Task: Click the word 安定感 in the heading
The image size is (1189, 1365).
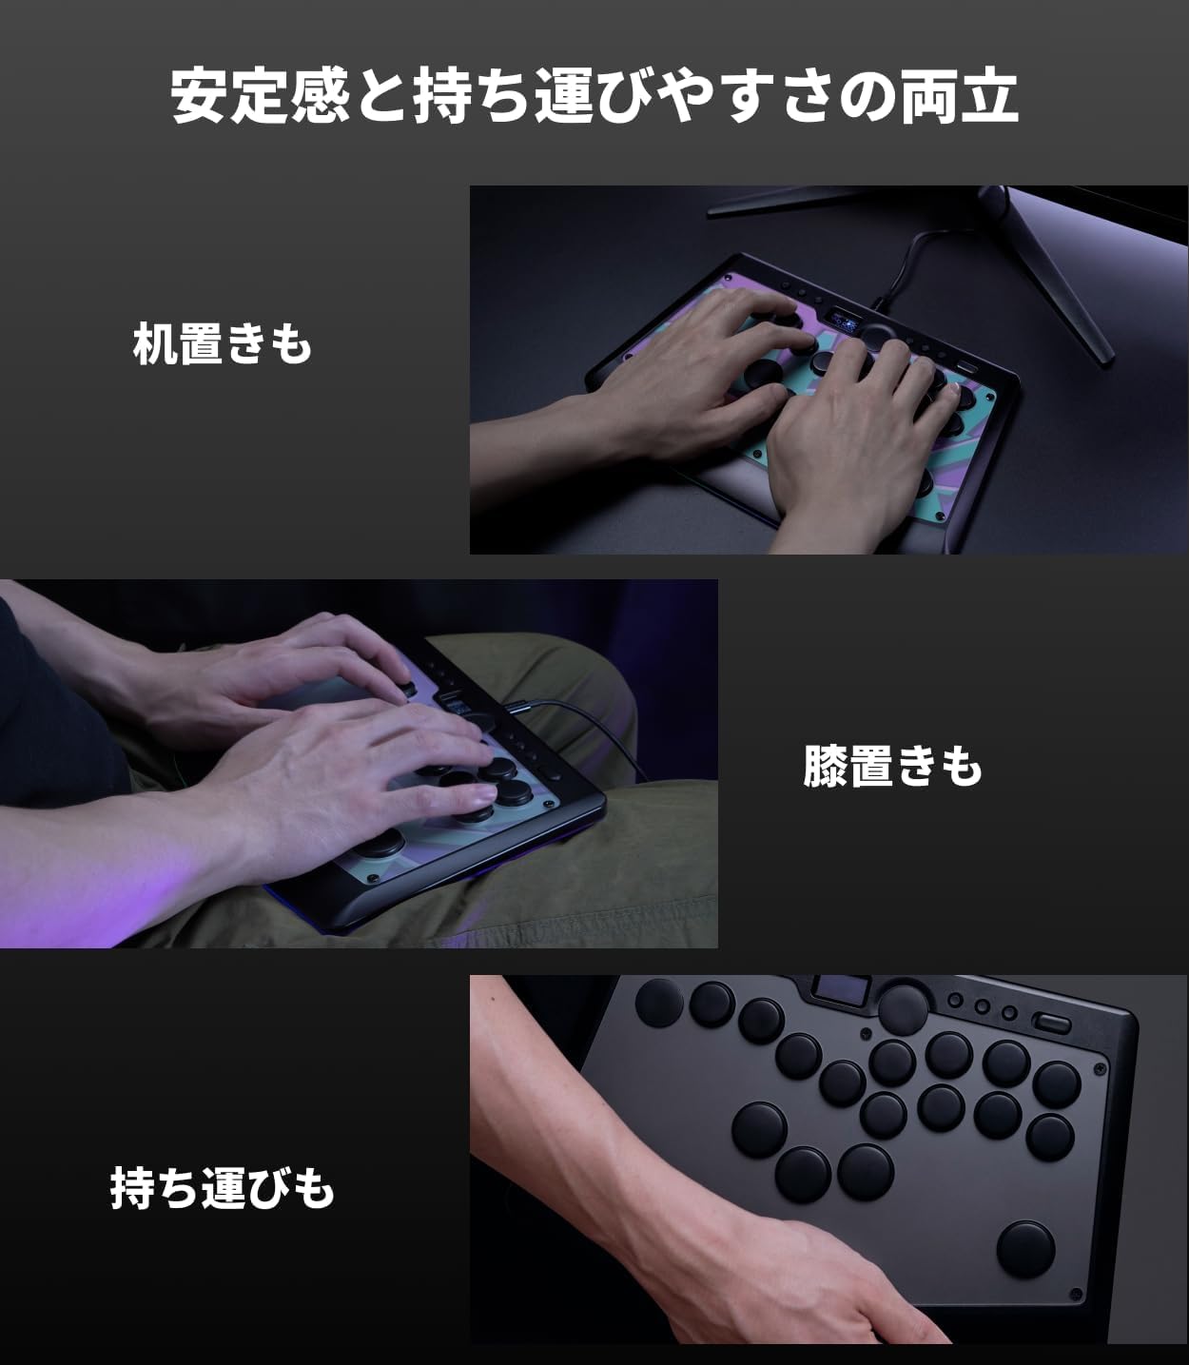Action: pyautogui.click(x=260, y=95)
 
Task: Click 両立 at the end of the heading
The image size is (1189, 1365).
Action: pyautogui.click(x=959, y=95)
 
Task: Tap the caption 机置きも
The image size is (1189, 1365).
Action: pyautogui.click(x=223, y=343)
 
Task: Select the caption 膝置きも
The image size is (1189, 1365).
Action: pyautogui.click(x=892, y=766)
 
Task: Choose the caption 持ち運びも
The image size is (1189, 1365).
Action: pyautogui.click(x=222, y=1188)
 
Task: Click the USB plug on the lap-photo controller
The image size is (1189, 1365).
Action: pyautogui.click(x=517, y=708)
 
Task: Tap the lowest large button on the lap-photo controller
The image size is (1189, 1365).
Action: pyautogui.click(x=379, y=842)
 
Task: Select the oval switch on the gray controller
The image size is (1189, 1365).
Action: pyautogui.click(x=1051, y=1023)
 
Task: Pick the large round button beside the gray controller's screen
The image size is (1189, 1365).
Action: pyautogui.click(x=904, y=1009)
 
